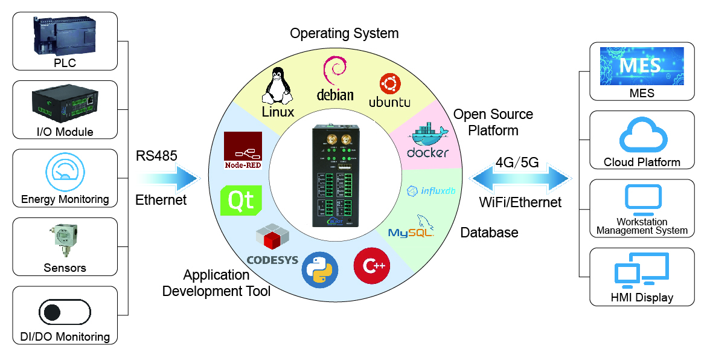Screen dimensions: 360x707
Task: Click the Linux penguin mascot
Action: click(x=278, y=86)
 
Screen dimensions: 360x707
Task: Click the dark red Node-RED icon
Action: click(x=243, y=150)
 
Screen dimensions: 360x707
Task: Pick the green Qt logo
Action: click(x=242, y=200)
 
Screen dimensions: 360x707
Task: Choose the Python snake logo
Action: click(x=318, y=268)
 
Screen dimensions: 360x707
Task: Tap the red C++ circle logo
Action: click(x=371, y=266)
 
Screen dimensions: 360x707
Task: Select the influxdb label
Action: click(x=429, y=191)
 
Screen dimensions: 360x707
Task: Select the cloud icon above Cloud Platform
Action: click(x=642, y=136)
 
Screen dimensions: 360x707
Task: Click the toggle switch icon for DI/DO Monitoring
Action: click(x=65, y=312)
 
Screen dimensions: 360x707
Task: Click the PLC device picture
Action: click(x=65, y=36)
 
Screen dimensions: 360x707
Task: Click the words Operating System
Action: click(x=344, y=33)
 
